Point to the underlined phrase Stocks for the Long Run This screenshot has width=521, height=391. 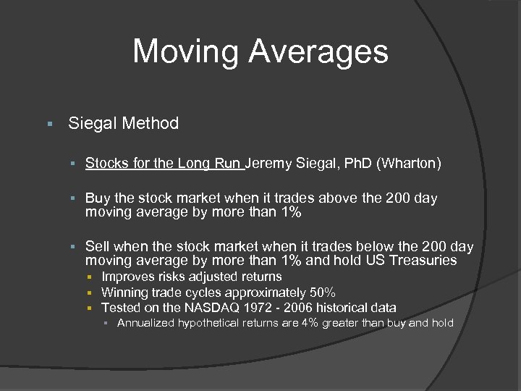(164, 164)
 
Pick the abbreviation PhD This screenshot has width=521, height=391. (357, 164)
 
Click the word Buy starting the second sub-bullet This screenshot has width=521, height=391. (97, 198)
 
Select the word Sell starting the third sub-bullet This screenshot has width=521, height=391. (98, 247)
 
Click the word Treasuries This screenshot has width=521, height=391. (423, 260)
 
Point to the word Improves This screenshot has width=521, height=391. (127, 277)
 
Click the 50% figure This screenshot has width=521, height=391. (321, 293)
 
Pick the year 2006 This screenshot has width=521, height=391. (318, 308)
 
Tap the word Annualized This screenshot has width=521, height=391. (145, 323)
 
